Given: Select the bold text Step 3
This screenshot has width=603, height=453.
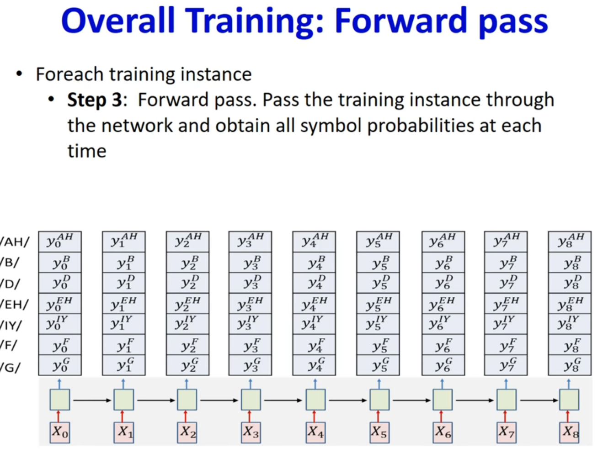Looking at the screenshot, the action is coord(95,100).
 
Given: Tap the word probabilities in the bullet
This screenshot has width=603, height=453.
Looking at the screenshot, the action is coord(421,126).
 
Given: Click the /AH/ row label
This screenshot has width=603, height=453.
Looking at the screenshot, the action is coord(14,242).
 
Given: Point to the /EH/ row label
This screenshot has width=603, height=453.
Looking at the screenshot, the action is coord(14,304).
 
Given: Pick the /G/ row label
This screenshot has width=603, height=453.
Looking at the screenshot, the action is coord(11,367).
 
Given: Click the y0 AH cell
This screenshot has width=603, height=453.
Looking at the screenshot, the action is coord(60,242).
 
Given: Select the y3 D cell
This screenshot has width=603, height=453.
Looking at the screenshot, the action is coord(250,283).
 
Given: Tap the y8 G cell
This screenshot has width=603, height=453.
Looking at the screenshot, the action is coord(570,365).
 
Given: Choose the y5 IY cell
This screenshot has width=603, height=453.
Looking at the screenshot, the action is coord(378,324).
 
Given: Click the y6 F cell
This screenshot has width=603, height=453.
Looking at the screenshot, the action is coord(443,345).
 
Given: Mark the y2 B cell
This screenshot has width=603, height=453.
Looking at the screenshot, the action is coord(187,262).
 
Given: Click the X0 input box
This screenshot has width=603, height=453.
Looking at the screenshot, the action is coord(60,432).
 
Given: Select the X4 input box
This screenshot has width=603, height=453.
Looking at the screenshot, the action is coord(315,432).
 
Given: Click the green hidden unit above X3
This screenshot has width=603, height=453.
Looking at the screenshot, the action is coord(251,400).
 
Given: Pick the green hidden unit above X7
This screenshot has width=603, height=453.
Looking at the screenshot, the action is coord(507,400).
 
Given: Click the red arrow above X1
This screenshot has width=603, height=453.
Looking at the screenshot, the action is coord(122,416).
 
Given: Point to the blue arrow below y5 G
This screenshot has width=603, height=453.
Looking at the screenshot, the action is coord(379,384).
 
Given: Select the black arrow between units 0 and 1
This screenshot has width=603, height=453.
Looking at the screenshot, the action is coord(92,400).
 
